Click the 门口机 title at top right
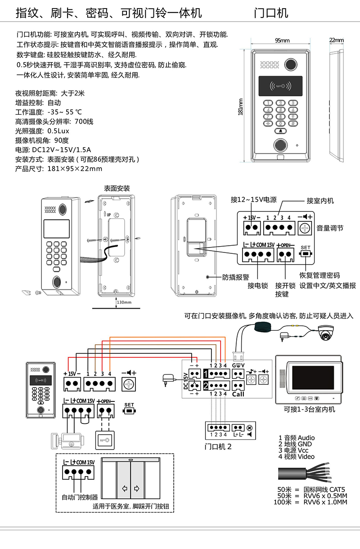pyautogui.click(x=270, y=13)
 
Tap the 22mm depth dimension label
pyautogui.click(x=336, y=40)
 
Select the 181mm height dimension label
pyautogui.click(x=240, y=107)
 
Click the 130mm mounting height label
pyautogui.click(x=124, y=302)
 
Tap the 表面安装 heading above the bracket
pyautogui.click(x=117, y=188)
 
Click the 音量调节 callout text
pyautogui.click(x=330, y=228)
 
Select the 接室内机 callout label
pyautogui.click(x=320, y=201)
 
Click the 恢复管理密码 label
pyautogui.click(x=320, y=275)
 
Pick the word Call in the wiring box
pyautogui.click(x=238, y=394)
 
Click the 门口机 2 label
pyautogui.click(x=218, y=447)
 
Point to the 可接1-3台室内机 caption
pyautogui.click(x=309, y=409)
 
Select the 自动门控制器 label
pyautogui.click(x=80, y=497)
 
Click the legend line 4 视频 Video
pyautogui.click(x=297, y=456)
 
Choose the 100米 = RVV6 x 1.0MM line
pyautogui.click(x=310, y=502)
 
